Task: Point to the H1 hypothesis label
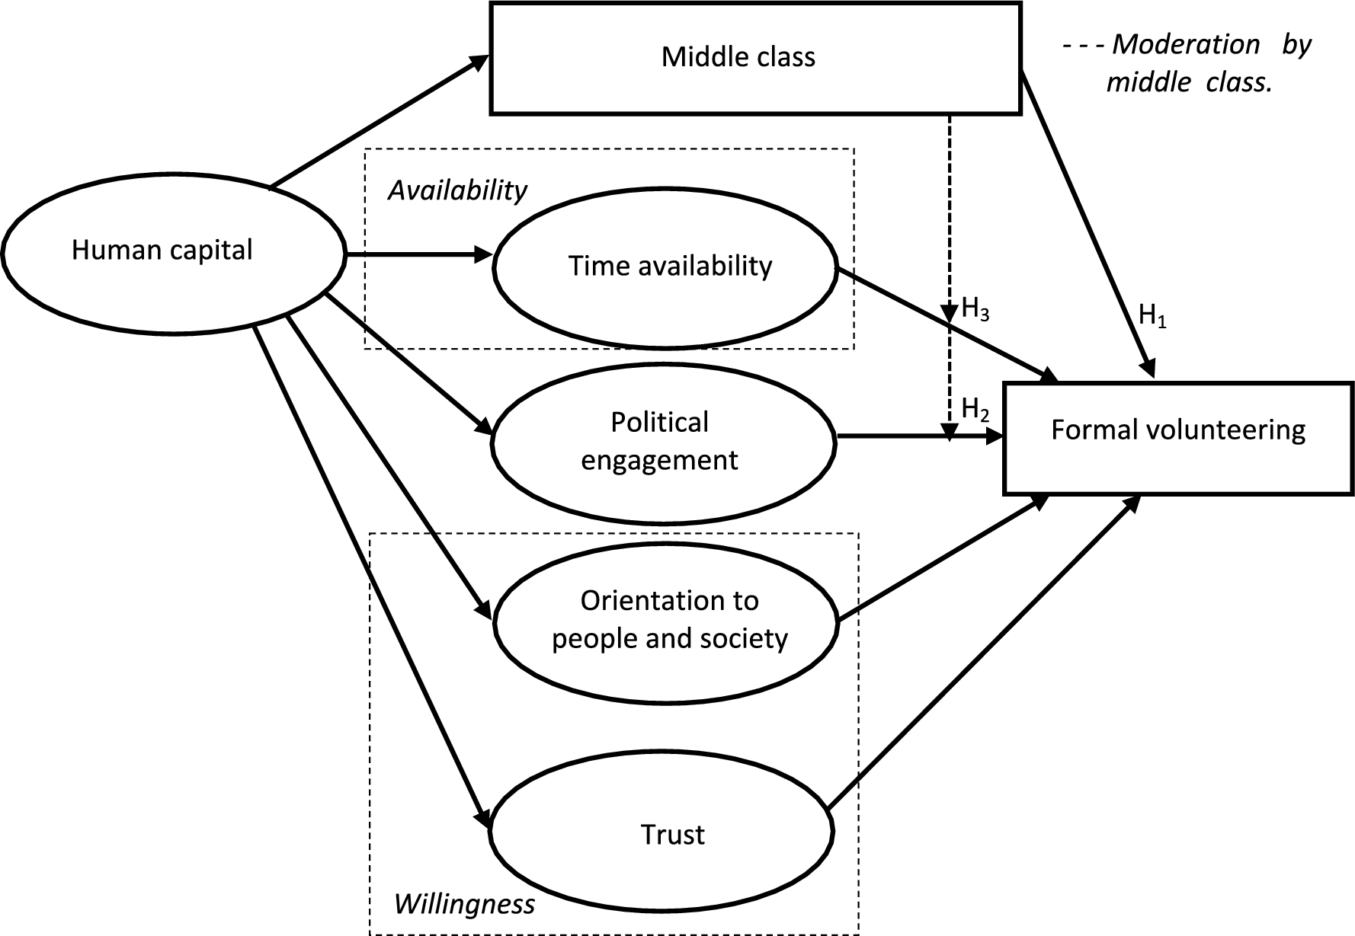(1152, 315)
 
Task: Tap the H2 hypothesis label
(975, 409)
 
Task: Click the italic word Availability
(457, 190)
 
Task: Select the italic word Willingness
(464, 904)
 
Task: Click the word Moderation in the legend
(1186, 44)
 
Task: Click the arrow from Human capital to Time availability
(419, 254)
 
